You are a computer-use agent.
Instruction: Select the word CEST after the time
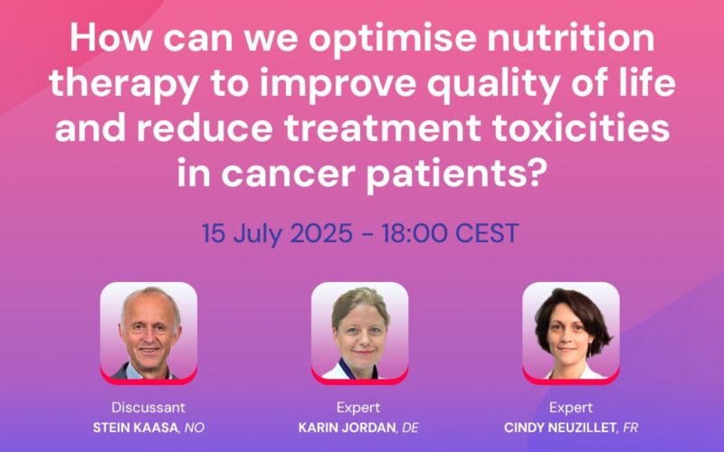(488, 233)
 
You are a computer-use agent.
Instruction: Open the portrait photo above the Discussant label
(148, 331)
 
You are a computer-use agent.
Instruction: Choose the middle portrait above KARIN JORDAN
(359, 331)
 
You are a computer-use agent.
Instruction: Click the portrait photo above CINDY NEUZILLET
(571, 331)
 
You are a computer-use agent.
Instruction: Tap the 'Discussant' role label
(148, 407)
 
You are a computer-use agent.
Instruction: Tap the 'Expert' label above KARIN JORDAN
(359, 407)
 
